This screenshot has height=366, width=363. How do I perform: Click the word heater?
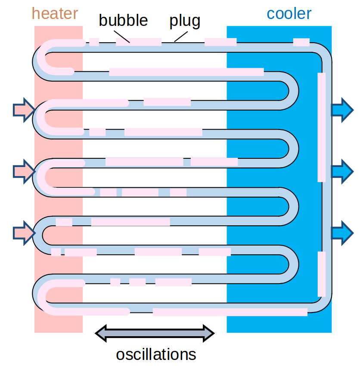55,13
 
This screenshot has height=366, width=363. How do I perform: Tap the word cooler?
289,13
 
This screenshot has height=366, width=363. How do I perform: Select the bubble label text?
123,20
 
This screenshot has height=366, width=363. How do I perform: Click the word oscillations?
156,354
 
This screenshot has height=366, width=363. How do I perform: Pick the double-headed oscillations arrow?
155,332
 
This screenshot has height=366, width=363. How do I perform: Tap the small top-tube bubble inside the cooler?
301,42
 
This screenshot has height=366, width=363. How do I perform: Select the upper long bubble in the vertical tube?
322,127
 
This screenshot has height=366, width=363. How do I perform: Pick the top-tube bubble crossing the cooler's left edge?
220,42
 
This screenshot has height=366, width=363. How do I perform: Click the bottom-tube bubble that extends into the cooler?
230,312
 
